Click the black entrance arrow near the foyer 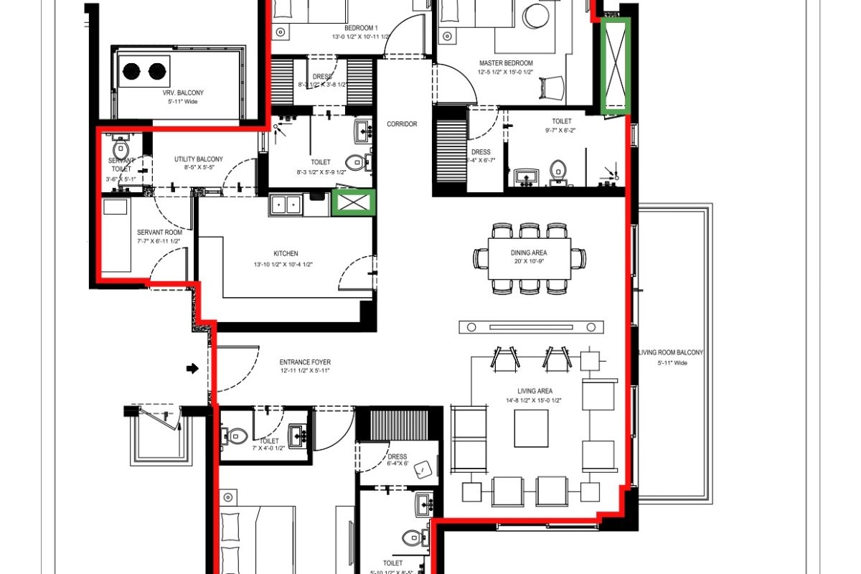[192, 369]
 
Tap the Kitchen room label [286, 253]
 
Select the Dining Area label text [530, 252]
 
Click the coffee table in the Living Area [531, 428]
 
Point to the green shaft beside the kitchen [353, 202]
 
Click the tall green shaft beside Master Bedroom [615, 66]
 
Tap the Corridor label [402, 124]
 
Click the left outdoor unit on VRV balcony [132, 71]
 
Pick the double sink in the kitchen [286, 206]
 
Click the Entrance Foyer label [306, 362]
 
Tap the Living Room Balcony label [671, 353]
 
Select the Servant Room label [159, 232]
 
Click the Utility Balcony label [198, 159]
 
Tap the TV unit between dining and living [530, 327]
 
